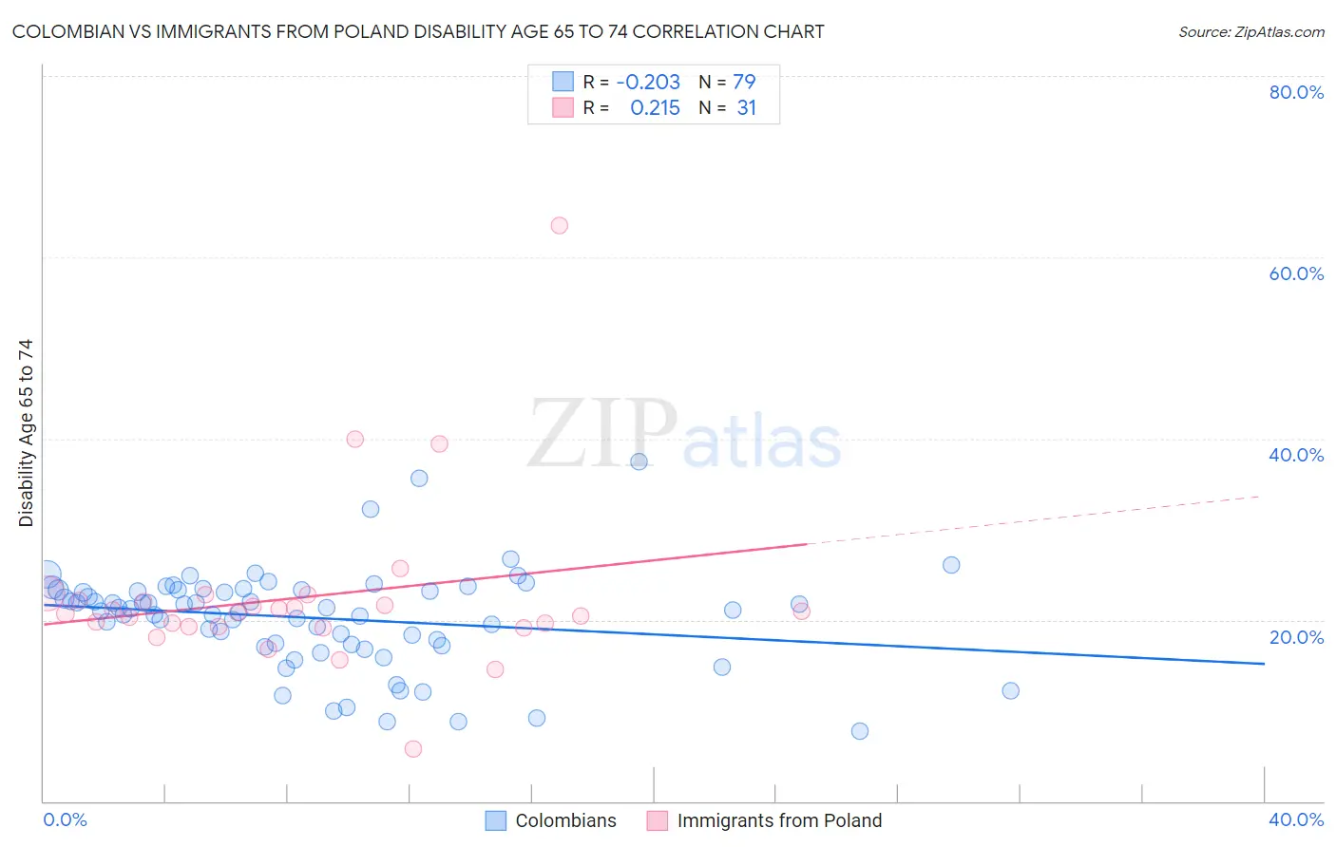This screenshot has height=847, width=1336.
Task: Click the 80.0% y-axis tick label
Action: click(1295, 92)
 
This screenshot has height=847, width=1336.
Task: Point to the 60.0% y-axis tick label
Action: click(1295, 273)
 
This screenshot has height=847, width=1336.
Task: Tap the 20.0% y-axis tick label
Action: click(1295, 637)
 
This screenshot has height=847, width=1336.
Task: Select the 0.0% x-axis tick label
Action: click(66, 819)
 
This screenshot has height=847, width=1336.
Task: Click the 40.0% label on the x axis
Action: click(1295, 819)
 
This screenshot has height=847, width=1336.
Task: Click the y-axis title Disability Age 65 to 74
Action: click(26, 433)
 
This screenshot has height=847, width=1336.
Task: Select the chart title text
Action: click(418, 31)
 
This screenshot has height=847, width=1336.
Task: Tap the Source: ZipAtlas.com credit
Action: click(1250, 31)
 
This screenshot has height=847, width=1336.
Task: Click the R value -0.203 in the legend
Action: click(648, 82)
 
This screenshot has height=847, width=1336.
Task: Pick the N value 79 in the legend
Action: click(744, 82)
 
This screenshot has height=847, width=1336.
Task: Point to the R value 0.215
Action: click(655, 108)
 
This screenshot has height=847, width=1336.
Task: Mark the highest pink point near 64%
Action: click(559, 225)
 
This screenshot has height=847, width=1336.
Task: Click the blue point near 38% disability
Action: click(639, 461)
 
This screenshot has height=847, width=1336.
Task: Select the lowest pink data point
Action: click(412, 749)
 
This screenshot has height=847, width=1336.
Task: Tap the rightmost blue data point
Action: click(1010, 690)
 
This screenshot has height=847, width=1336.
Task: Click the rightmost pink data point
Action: click(801, 611)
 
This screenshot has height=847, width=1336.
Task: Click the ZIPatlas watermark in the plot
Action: click(684, 435)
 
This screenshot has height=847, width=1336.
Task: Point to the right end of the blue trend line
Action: click(1264, 664)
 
